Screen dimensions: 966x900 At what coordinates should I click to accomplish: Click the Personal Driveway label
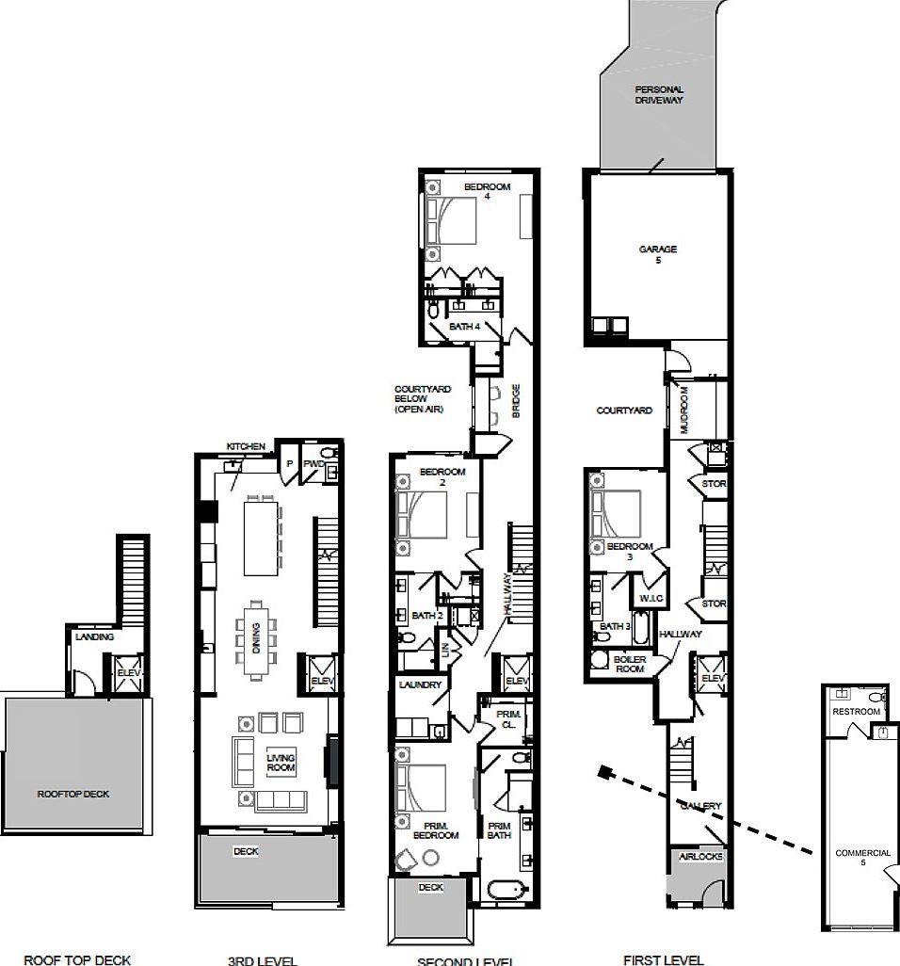click(x=658, y=94)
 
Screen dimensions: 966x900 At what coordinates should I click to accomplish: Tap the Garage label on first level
click(x=658, y=254)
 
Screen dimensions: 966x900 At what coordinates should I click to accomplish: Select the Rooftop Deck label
click(x=73, y=794)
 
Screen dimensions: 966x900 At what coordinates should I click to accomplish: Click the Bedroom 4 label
click(x=487, y=191)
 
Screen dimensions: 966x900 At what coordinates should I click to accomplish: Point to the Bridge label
click(x=516, y=400)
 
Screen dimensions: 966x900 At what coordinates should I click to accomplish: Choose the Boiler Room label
click(x=628, y=663)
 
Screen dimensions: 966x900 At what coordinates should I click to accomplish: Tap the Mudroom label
click(x=684, y=410)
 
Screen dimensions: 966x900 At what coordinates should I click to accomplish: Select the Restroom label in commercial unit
click(x=856, y=712)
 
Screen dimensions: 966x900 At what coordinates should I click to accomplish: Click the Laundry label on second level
click(x=420, y=684)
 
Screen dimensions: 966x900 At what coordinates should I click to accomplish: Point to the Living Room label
click(x=281, y=763)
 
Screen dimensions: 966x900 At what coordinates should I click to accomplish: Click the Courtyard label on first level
click(x=624, y=411)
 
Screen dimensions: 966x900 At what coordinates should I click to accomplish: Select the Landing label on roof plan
click(x=94, y=637)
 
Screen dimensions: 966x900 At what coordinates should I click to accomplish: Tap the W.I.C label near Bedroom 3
click(x=651, y=598)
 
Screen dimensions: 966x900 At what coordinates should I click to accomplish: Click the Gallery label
click(x=700, y=806)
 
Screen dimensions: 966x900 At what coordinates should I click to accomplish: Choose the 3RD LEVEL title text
click(x=262, y=960)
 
